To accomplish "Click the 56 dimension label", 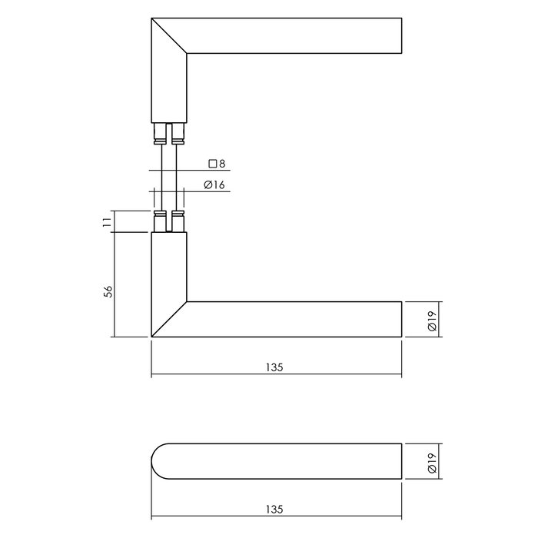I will point(108,291).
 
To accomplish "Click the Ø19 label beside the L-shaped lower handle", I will point(432,319).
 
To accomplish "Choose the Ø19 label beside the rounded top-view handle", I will point(432,462).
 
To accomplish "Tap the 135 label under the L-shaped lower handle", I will point(276,367).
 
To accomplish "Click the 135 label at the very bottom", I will point(276,510).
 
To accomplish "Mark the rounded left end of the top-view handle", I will point(158,462).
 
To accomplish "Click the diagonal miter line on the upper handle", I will point(169,35).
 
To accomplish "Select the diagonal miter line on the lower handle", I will point(169,319).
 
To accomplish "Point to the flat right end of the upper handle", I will point(401,36).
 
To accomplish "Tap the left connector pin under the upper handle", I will point(160,134).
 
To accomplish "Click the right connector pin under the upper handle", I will point(178,134).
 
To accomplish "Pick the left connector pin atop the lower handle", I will point(160,221).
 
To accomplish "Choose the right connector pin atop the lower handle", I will point(178,221).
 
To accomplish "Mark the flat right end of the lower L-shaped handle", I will point(401,319).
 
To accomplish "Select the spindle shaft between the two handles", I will point(169,177).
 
